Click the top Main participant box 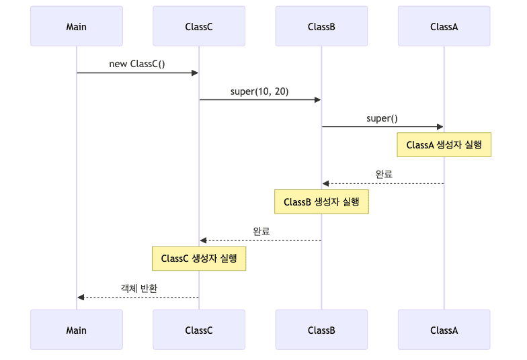point(77,26)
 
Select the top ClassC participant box point(199,26)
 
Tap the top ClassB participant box point(321,26)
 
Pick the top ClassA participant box point(444,26)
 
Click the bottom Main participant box point(77,330)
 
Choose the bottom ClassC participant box point(199,330)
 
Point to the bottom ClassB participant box point(321,330)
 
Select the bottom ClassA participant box point(444,330)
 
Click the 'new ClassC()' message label point(137,64)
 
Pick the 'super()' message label point(382,118)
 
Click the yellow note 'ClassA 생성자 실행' point(444,145)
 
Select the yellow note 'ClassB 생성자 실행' point(321,201)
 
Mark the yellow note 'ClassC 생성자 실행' point(199,259)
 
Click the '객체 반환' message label point(138,288)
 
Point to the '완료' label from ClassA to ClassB point(384,174)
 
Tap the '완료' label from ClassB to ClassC point(261,231)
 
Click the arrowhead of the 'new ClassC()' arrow point(195,73)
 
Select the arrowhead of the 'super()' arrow point(440,126)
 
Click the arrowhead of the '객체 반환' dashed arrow point(81,297)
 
